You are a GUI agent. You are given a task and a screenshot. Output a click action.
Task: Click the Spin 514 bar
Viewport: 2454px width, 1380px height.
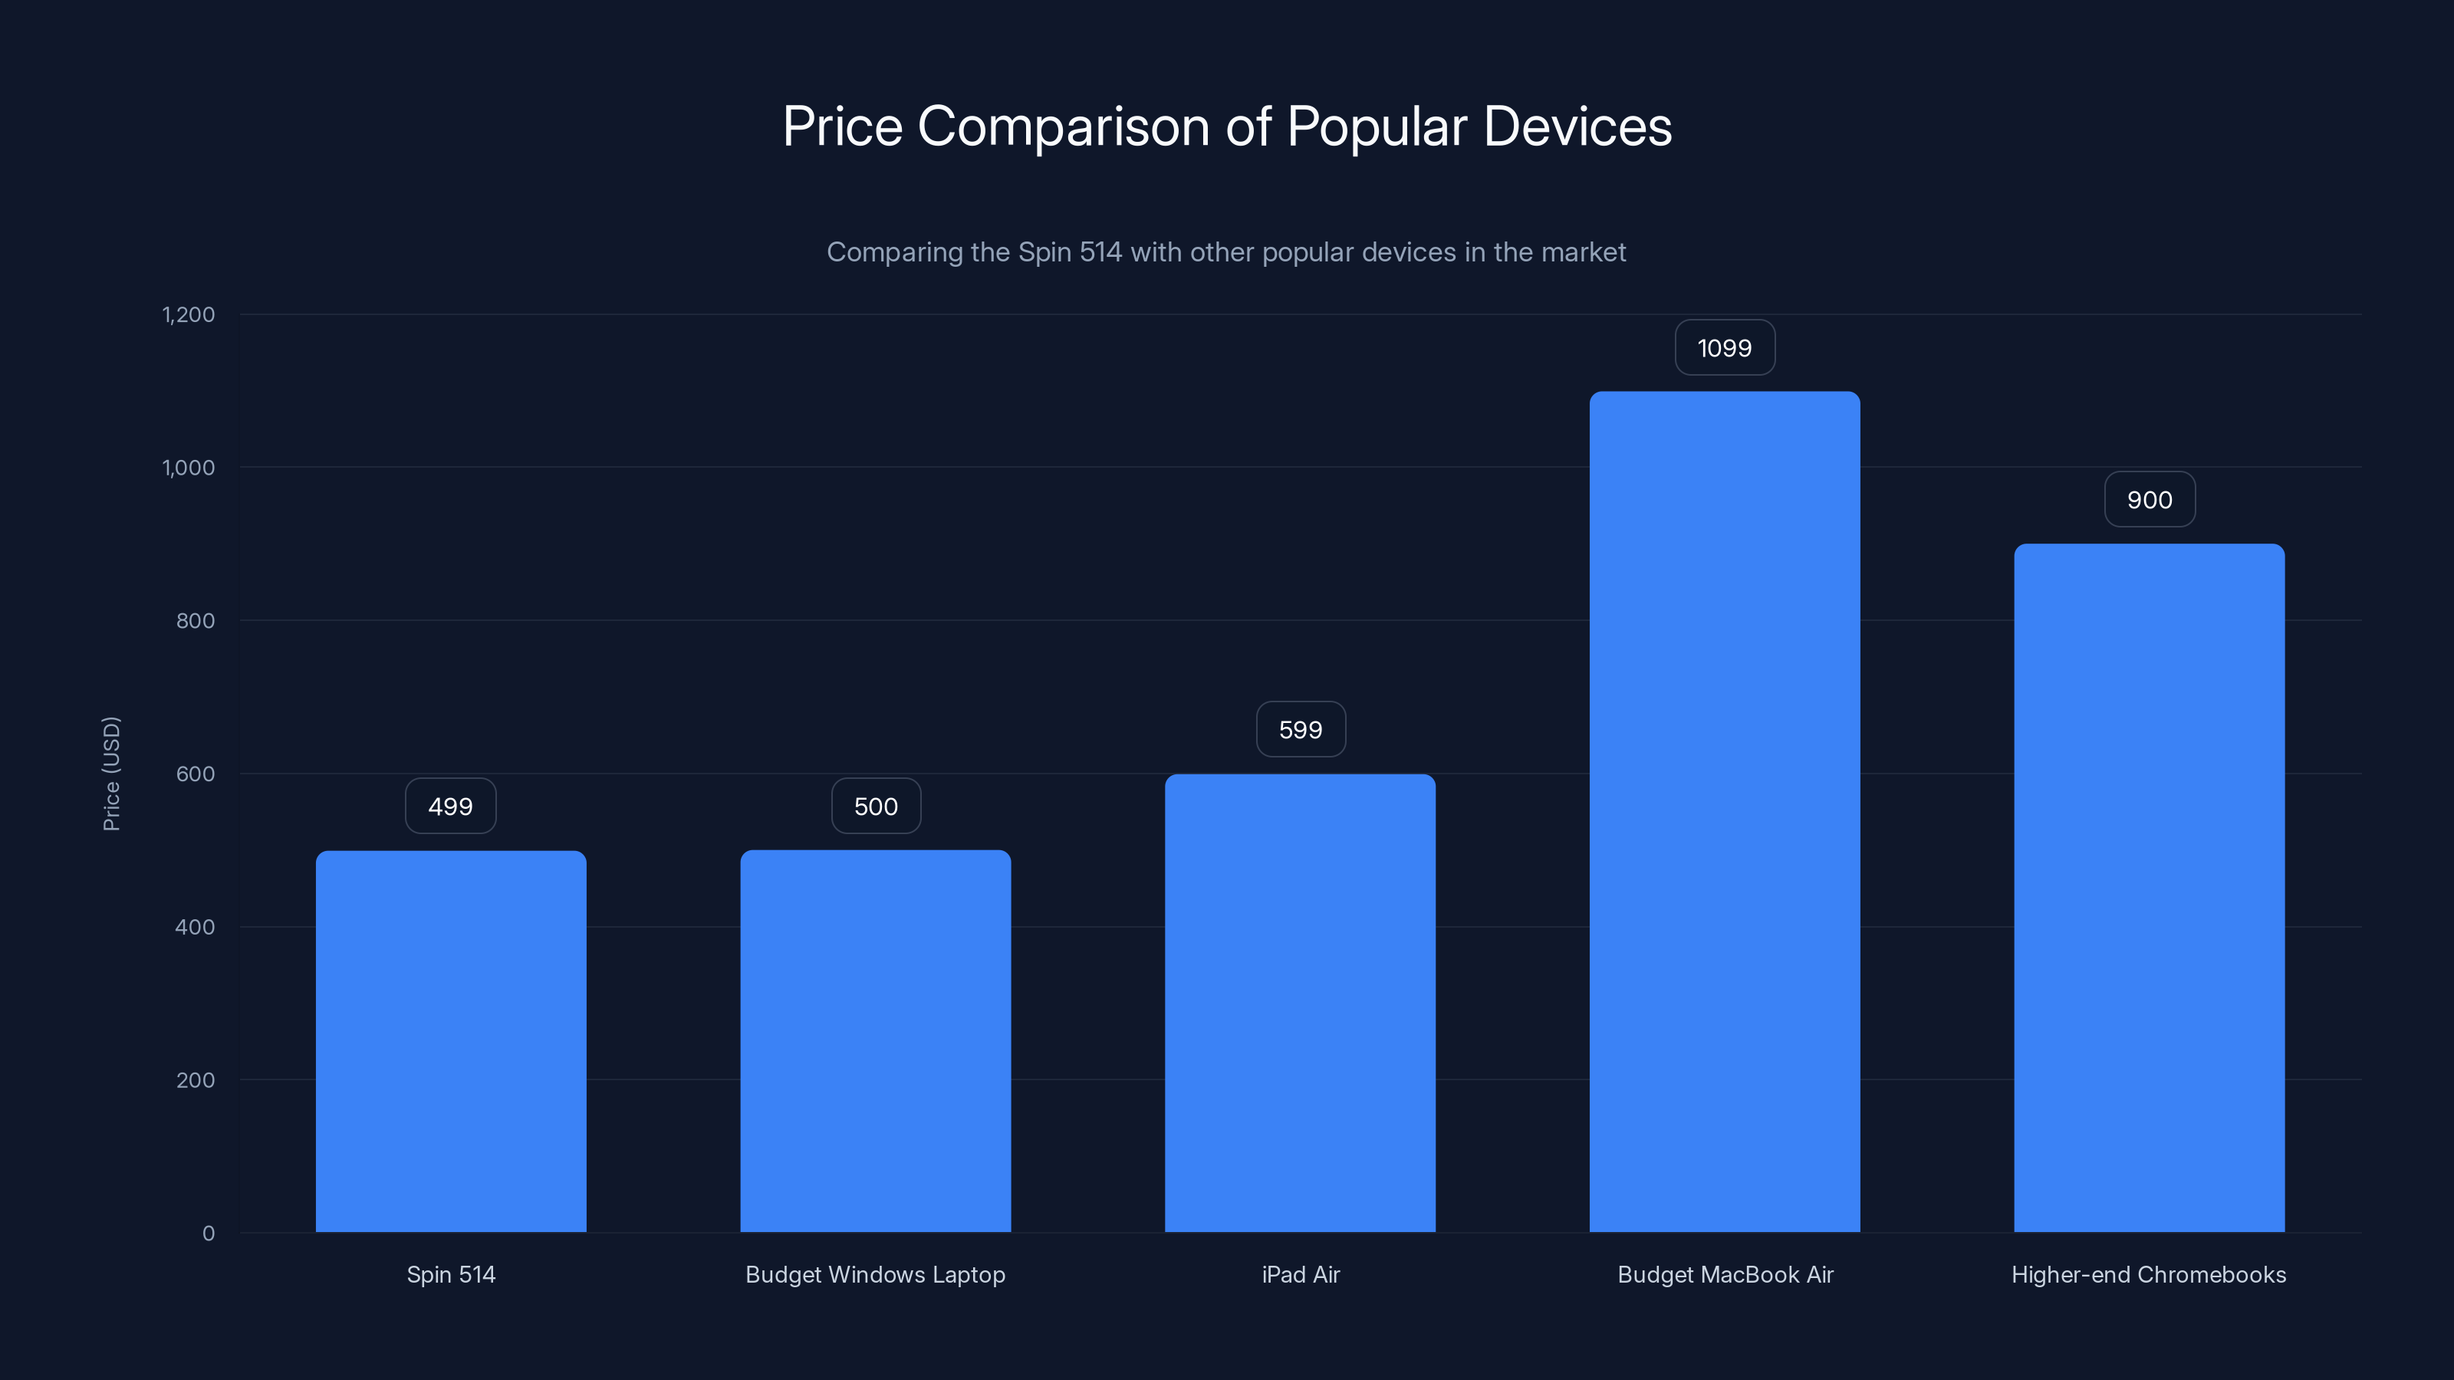point(451,1041)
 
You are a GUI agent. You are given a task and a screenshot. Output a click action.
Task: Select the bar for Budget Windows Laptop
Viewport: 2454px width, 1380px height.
point(876,1041)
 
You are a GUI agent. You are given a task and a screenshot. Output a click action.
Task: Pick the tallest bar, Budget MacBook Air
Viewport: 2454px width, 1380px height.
point(1724,811)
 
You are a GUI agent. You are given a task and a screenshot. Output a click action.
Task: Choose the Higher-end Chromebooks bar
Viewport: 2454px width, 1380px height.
point(2149,888)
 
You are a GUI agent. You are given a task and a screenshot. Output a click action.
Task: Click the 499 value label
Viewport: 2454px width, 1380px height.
point(451,807)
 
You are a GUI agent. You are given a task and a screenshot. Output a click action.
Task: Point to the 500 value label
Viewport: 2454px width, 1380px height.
point(876,807)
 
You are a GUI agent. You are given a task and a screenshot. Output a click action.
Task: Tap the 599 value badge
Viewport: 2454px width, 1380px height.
point(1301,730)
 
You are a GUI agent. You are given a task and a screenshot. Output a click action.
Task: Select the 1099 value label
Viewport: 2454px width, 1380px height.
point(1724,347)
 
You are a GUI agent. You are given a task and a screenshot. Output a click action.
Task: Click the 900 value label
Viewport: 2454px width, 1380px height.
point(2149,500)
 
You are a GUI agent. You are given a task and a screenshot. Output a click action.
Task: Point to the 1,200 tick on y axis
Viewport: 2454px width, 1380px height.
point(189,314)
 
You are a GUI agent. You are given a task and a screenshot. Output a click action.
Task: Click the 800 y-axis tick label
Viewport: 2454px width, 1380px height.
point(196,621)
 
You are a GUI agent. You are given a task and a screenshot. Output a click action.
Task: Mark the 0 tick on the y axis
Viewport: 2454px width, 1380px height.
point(209,1234)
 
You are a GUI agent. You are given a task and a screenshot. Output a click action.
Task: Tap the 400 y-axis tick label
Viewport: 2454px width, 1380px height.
point(196,927)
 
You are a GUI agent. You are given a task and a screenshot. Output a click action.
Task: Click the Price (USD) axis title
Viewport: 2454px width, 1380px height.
point(111,774)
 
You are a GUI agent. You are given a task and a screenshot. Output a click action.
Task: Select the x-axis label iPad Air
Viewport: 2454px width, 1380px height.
point(1301,1274)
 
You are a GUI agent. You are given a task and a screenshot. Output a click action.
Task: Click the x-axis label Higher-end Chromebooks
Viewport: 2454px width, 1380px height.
point(2148,1274)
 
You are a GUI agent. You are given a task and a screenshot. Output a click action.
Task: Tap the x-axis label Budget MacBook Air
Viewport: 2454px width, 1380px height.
point(1724,1274)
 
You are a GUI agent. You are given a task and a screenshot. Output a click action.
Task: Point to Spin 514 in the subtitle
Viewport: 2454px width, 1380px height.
point(1069,252)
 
